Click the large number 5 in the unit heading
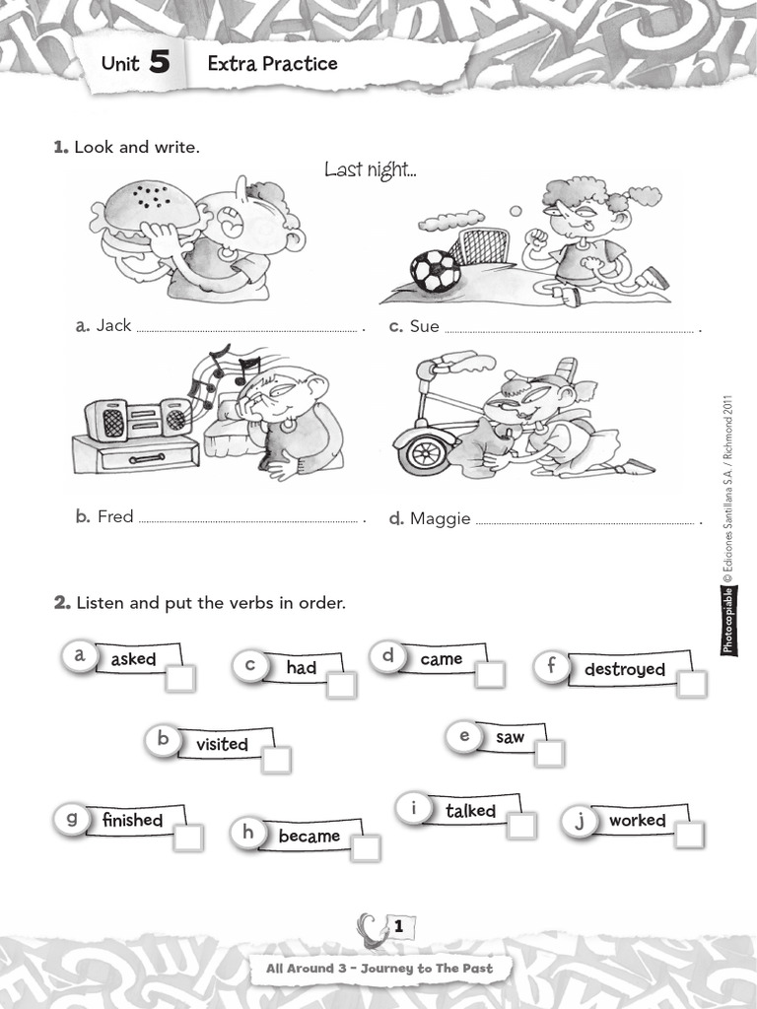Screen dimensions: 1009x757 click(159, 64)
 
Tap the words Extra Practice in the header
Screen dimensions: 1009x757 click(272, 64)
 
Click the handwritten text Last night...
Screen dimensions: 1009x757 click(371, 171)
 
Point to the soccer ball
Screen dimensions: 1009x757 click(435, 271)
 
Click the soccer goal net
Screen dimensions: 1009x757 click(479, 246)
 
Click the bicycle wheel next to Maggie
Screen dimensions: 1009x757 click(426, 451)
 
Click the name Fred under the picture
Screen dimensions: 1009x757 click(115, 516)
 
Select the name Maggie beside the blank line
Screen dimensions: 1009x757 click(440, 518)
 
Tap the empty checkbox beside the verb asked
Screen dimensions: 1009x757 click(180, 678)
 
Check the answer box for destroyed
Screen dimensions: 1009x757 click(692, 685)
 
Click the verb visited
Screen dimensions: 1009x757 click(222, 745)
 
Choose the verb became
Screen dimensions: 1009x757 click(309, 837)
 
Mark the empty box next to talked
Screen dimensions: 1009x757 click(521, 826)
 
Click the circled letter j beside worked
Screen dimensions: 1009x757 click(580, 820)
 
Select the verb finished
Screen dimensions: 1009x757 click(132, 820)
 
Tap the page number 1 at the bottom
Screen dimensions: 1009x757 click(398, 927)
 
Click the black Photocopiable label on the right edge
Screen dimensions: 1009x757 click(728, 620)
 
